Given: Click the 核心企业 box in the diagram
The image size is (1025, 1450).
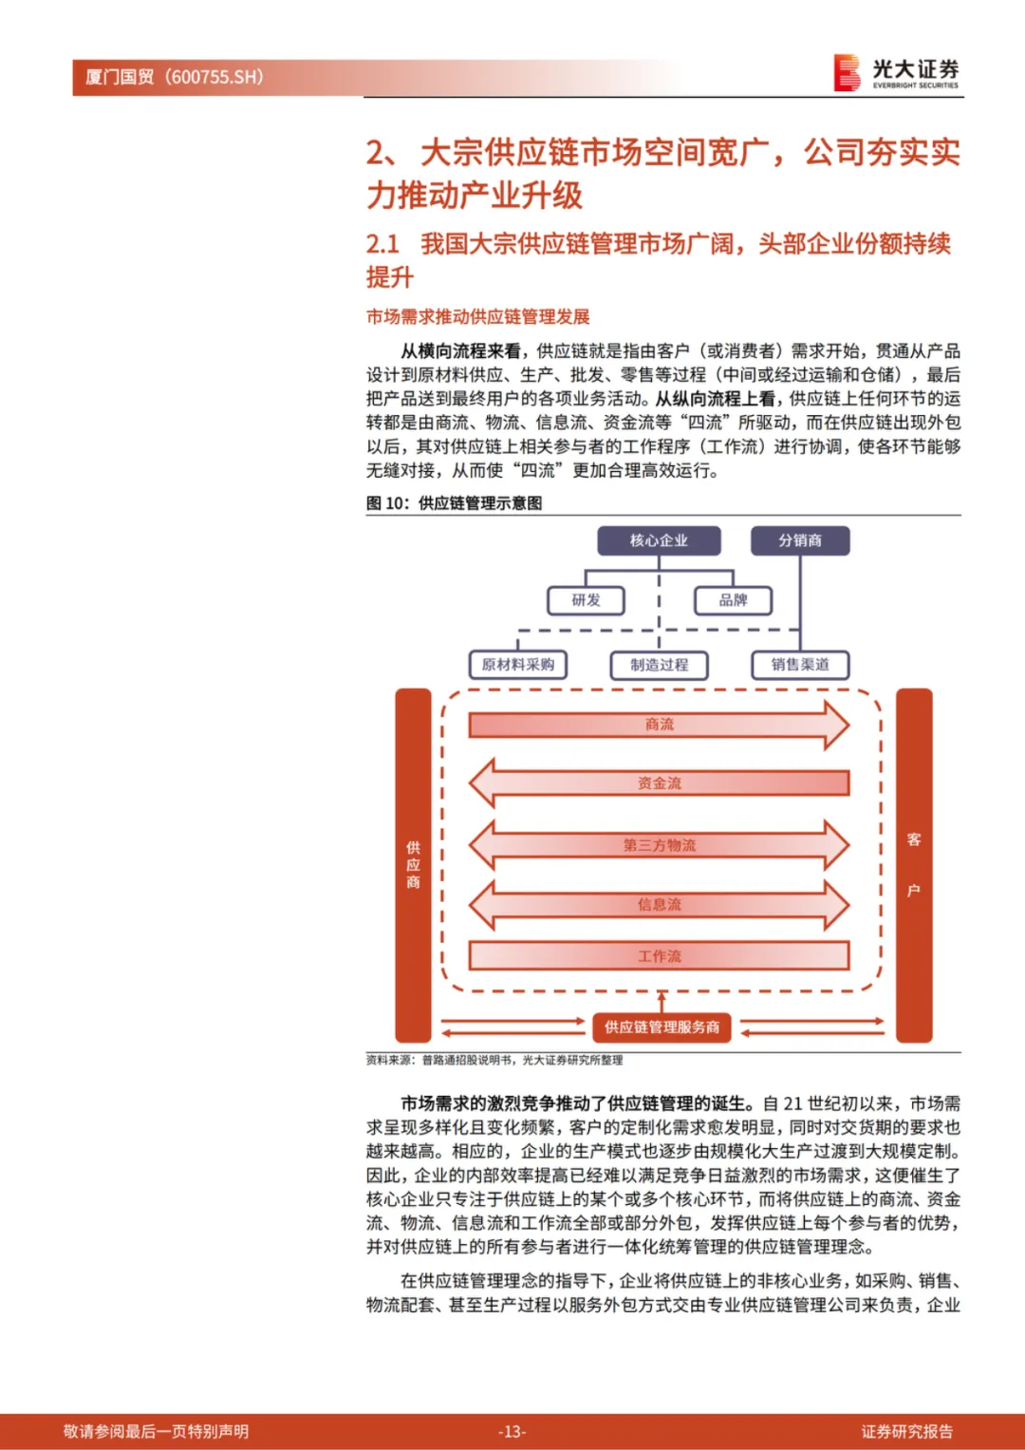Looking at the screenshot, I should pyautogui.click(x=659, y=540).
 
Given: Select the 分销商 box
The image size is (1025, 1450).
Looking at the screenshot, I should pyautogui.click(x=800, y=540).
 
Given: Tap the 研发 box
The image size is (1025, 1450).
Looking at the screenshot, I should pyautogui.click(x=586, y=600).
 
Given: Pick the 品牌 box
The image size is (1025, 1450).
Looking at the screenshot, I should pyautogui.click(x=733, y=600).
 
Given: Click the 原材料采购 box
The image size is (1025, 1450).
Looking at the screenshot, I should pyautogui.click(x=518, y=665).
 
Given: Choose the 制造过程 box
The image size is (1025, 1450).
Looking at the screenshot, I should pyautogui.click(x=660, y=665).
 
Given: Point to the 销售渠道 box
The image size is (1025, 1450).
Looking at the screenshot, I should pyautogui.click(x=800, y=665).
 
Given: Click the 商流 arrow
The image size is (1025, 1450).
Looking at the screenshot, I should pyautogui.click(x=659, y=725).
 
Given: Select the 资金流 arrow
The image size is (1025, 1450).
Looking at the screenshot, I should pyautogui.click(x=659, y=783).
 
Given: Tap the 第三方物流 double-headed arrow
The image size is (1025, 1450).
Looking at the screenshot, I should pyautogui.click(x=659, y=845).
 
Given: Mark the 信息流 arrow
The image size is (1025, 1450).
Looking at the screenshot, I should pyautogui.click(x=659, y=905).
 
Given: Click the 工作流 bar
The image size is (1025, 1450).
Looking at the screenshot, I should pyautogui.click(x=659, y=956).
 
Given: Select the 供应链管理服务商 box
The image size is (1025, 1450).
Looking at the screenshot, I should pyautogui.click(x=662, y=1027).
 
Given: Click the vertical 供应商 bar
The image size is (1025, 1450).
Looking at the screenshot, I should pyautogui.click(x=413, y=865).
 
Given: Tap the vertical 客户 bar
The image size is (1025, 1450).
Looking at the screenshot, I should pyautogui.click(x=914, y=865).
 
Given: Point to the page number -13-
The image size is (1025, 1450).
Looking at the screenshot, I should pyautogui.click(x=512, y=1431).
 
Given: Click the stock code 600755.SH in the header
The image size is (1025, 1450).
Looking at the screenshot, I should pyautogui.click(x=216, y=77).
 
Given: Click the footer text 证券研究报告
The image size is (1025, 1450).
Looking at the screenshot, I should pyautogui.click(x=906, y=1431).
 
